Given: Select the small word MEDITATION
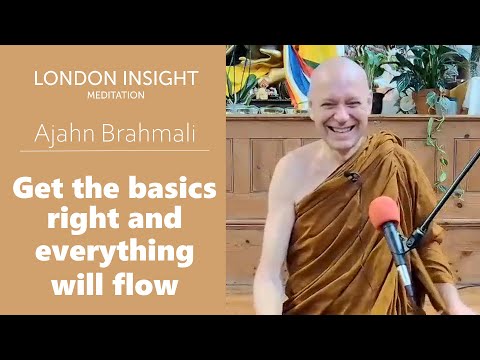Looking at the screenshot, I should click(116, 95).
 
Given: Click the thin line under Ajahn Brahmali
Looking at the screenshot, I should click(116, 150).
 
